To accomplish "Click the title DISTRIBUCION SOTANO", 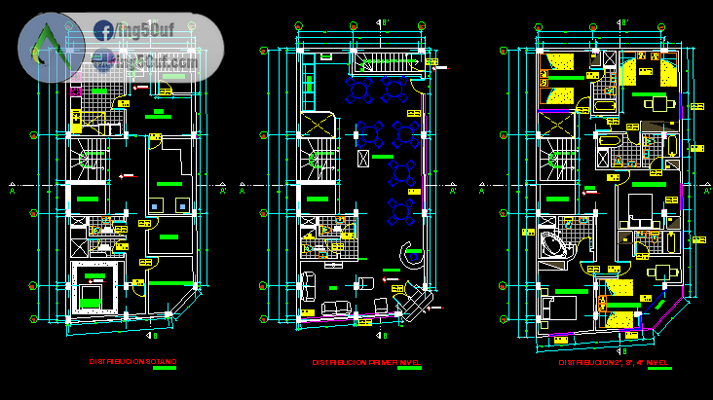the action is (132, 362).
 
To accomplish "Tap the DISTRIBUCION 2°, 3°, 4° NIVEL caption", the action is (613, 362).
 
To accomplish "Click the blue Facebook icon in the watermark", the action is (103, 31).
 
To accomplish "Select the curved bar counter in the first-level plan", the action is (412, 259).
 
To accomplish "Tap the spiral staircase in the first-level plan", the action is (322, 161).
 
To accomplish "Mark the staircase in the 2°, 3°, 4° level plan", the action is (558, 162).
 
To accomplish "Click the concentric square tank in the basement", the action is (94, 288).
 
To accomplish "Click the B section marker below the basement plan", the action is (152, 336).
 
